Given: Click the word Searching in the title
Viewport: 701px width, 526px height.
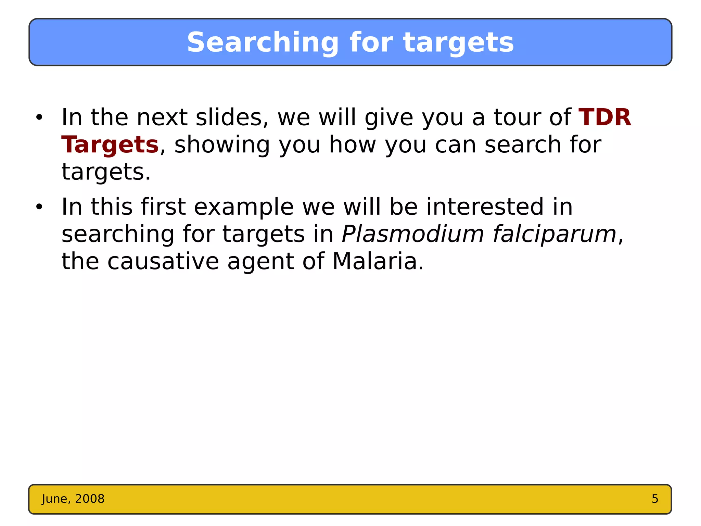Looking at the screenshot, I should pyautogui.click(x=263, y=43).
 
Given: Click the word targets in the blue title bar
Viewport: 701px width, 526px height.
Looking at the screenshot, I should pyautogui.click(x=459, y=43).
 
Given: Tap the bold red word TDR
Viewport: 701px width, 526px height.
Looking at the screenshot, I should pyautogui.click(x=604, y=117).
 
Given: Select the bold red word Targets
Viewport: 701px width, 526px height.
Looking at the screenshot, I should pyautogui.click(x=110, y=145).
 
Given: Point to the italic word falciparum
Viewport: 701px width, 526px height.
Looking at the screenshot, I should pyautogui.click(x=555, y=234).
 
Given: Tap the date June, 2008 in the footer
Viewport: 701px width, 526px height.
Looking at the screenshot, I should pyautogui.click(x=73, y=499).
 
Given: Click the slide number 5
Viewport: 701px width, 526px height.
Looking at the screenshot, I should pyautogui.click(x=655, y=499).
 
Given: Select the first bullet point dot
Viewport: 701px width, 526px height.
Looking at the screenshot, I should pyautogui.click(x=39, y=117).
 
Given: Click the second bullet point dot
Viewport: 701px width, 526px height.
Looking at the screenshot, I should pyautogui.click(x=39, y=207).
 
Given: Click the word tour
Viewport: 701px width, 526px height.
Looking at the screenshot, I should pyautogui.click(x=517, y=117).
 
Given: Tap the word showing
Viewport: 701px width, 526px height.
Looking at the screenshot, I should pyautogui.click(x=222, y=145).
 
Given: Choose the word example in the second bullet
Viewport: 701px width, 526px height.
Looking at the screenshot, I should pyautogui.click(x=244, y=207).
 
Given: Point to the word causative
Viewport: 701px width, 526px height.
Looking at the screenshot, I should pyautogui.click(x=163, y=262).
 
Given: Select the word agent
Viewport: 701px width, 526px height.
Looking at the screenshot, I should pyautogui.click(x=260, y=262).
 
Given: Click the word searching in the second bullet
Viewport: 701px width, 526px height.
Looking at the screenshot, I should pyautogui.click(x=118, y=234).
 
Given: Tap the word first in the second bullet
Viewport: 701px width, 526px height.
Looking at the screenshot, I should pyautogui.click(x=163, y=207).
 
